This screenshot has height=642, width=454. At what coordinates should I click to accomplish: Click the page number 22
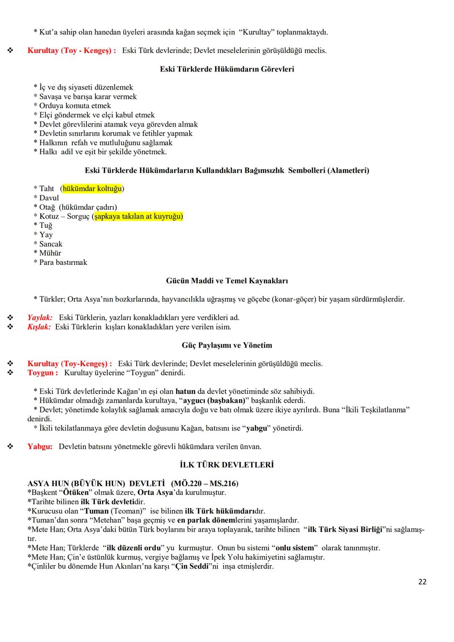click(422, 582)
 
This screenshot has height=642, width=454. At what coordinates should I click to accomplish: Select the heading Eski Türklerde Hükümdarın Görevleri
click(227, 69)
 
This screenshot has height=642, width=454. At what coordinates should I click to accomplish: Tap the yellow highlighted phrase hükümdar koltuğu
click(92, 189)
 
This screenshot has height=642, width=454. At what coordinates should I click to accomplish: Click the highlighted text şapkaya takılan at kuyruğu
click(138, 217)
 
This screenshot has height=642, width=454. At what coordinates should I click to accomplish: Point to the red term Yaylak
click(40, 317)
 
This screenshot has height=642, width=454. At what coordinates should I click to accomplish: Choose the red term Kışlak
click(39, 327)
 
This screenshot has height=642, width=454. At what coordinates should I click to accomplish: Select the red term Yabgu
click(40, 446)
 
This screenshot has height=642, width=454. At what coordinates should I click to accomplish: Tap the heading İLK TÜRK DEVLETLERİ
click(227, 465)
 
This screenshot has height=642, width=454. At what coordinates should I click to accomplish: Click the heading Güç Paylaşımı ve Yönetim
click(227, 345)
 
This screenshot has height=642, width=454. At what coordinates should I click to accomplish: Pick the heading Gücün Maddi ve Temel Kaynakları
click(227, 281)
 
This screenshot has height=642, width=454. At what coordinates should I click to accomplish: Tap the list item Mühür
click(50, 253)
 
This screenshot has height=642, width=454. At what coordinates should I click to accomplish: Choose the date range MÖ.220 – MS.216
click(205, 483)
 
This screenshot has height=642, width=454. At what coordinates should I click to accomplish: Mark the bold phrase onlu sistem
click(295, 548)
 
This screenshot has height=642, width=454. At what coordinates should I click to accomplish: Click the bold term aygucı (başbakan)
click(214, 401)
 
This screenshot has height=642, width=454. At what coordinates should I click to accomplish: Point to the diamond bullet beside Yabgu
click(10, 446)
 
